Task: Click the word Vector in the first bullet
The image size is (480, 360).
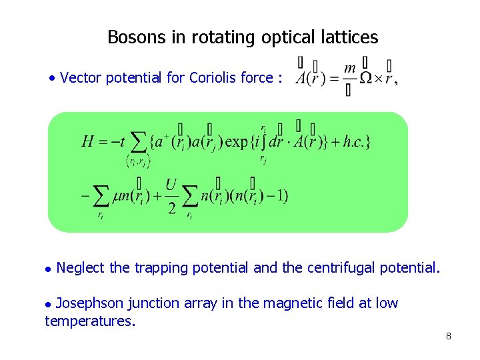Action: tap(79, 78)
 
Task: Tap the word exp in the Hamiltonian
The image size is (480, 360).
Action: tap(237, 141)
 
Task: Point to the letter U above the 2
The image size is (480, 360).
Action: tap(171, 184)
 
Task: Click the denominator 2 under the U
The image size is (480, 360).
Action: tap(171, 209)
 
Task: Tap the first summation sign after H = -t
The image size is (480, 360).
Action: tap(138, 141)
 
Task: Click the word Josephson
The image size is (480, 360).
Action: tap(89, 303)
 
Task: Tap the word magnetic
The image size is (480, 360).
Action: tap(293, 303)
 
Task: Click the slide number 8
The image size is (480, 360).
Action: tap(449, 336)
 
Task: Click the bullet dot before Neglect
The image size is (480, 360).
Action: tap(47, 269)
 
